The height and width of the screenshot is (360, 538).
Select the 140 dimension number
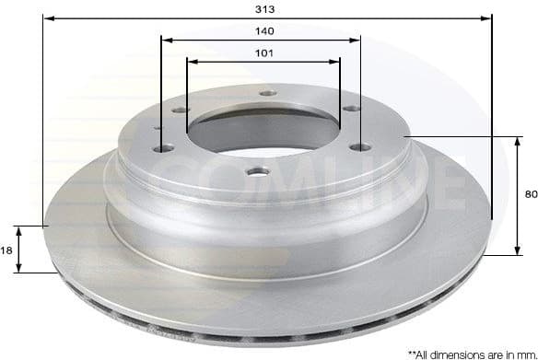[x=265, y=30]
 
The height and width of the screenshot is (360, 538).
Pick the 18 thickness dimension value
[x=7, y=250]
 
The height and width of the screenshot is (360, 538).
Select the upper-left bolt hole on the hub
[x=180, y=110]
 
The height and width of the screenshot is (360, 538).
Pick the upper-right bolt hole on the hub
[x=350, y=109]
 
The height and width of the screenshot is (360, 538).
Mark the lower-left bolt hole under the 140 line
[x=162, y=147]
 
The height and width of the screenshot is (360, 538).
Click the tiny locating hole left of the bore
[x=157, y=128]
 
